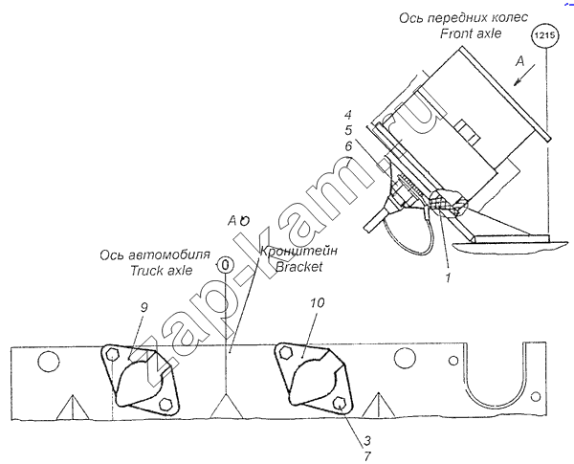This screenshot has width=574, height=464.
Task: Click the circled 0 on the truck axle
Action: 226,264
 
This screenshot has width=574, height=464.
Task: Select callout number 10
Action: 318,303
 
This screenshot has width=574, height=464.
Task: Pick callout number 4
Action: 350,114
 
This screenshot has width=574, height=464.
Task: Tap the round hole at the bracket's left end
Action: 46,363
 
